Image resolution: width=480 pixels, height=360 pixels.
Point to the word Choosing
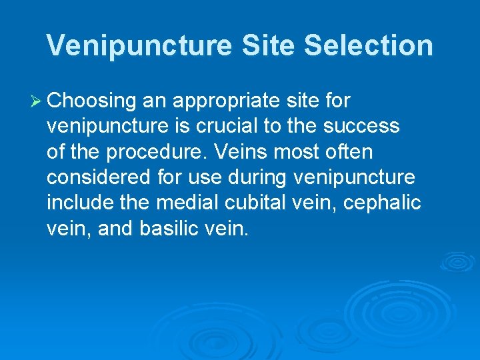[91, 101]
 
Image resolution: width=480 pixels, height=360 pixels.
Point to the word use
[203, 177]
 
